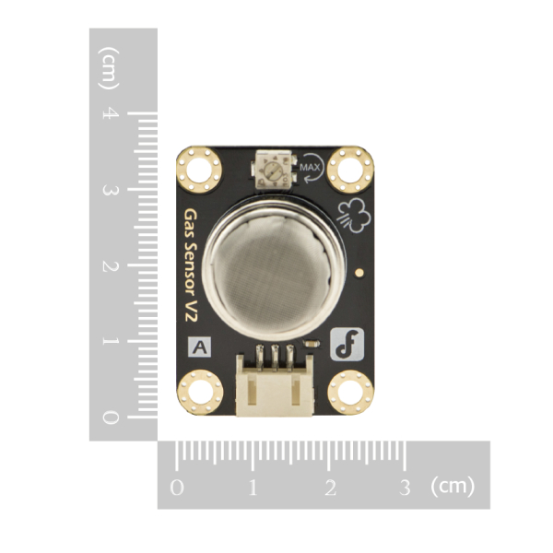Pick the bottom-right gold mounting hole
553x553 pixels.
pos(349,391)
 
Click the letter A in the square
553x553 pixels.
pos(200,347)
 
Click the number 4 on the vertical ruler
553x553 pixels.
pos(111,114)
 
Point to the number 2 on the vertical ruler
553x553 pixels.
pos(111,266)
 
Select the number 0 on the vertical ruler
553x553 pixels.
pos(111,418)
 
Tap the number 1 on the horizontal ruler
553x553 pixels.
pos(253,486)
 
